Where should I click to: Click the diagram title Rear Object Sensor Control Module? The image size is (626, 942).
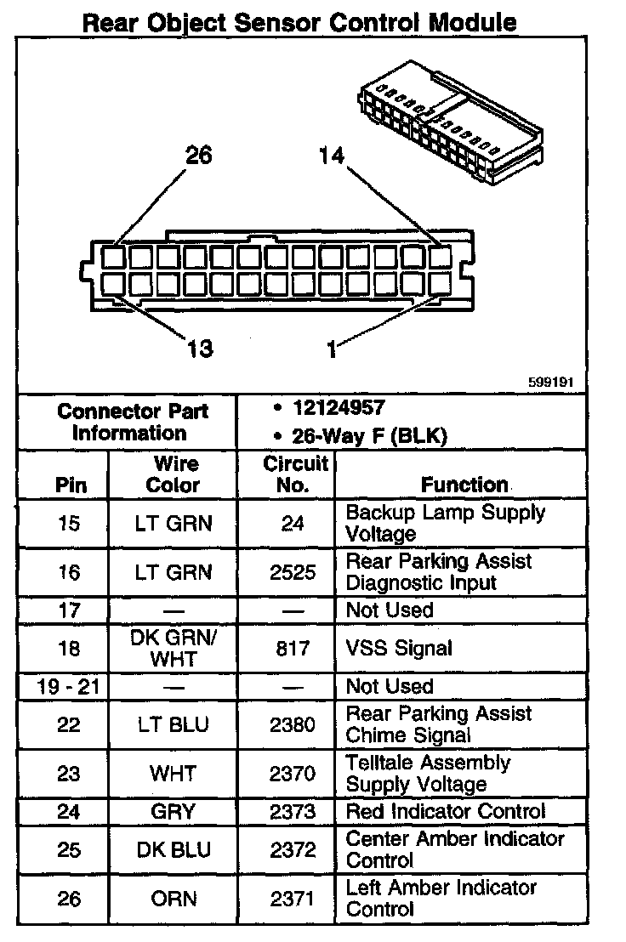click(x=299, y=22)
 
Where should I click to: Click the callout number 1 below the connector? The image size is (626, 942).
click(x=332, y=349)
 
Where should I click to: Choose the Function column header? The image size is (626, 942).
click(x=464, y=485)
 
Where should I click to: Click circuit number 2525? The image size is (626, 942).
click(x=293, y=572)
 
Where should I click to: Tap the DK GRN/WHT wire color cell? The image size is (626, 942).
click(x=173, y=648)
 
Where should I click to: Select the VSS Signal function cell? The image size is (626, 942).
click(x=399, y=648)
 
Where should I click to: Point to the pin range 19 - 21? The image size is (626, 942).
click(x=69, y=686)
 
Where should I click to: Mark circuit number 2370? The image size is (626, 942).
click(x=293, y=774)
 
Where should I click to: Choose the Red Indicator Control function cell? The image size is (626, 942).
click(x=445, y=812)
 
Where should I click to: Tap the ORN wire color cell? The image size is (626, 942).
click(x=173, y=899)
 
